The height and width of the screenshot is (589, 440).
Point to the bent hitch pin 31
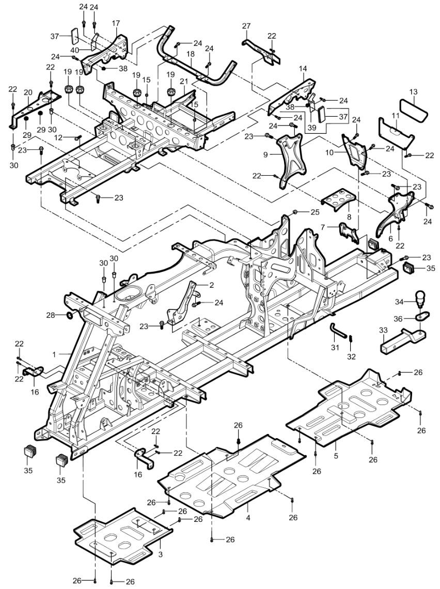point(335,329)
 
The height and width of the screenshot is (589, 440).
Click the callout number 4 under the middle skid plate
point(248,517)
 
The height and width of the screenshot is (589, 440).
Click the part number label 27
point(246,26)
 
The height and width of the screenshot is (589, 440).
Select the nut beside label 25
point(295,212)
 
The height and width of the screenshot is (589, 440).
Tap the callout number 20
point(28,92)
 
